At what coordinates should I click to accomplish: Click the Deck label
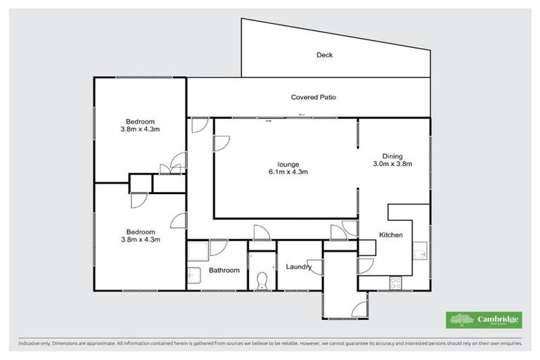[x=323, y=54]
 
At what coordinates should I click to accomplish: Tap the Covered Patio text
[x=314, y=97]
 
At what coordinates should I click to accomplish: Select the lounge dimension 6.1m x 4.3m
[x=288, y=171]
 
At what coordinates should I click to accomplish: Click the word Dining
[x=392, y=156]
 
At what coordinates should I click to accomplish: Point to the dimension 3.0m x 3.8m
[x=392, y=164]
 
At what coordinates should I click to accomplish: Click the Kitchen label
[x=391, y=235]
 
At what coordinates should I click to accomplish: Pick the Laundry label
[x=299, y=266]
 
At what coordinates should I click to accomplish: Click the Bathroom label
[x=224, y=270]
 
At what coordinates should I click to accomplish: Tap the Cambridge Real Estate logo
[x=484, y=320]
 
